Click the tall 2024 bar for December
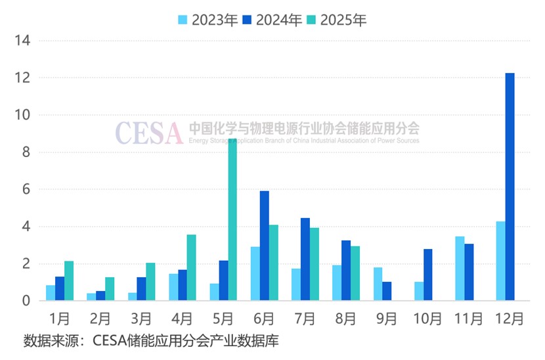(x=510, y=187)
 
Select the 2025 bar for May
(x=232, y=220)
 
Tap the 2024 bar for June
(x=264, y=246)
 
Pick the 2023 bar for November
(x=460, y=269)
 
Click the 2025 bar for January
(x=69, y=281)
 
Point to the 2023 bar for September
(x=378, y=284)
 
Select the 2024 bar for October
(x=428, y=275)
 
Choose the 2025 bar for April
(x=191, y=267)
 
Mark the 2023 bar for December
(x=500, y=261)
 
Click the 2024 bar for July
(x=305, y=259)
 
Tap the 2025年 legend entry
(x=336, y=20)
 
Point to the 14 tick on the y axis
(x=23, y=41)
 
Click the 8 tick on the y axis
(x=26, y=152)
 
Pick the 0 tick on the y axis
(x=26, y=301)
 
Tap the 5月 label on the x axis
(x=223, y=319)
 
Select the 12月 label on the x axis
(x=510, y=319)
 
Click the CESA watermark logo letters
(x=149, y=133)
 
